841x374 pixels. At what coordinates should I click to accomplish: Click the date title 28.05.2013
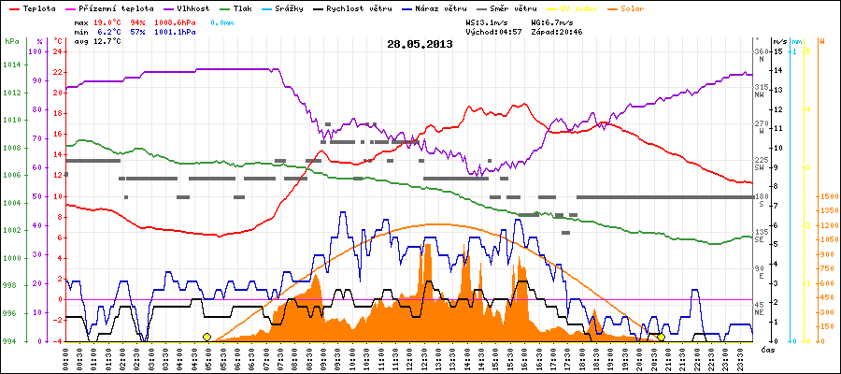(x=420, y=43)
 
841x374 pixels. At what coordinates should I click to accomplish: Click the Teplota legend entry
(x=35, y=7)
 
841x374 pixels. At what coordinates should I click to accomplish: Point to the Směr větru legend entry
(x=507, y=7)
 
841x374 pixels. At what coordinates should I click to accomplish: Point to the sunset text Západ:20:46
(x=559, y=31)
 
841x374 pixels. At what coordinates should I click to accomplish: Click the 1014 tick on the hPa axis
(x=11, y=65)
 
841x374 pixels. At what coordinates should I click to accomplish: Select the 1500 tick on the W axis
(x=826, y=196)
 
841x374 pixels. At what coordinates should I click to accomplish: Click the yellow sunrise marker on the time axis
(x=207, y=337)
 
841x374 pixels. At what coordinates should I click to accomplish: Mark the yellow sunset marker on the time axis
(x=661, y=337)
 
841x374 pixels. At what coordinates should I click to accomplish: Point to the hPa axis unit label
(x=11, y=42)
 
